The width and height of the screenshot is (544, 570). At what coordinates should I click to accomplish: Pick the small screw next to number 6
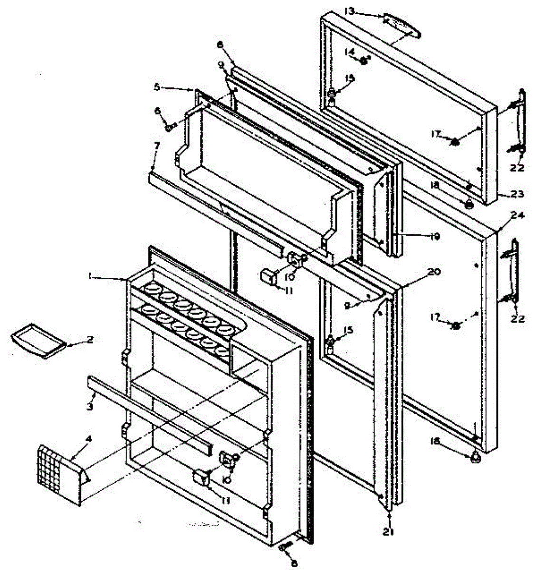[x=170, y=127]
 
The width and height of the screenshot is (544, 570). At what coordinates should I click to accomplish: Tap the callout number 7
[x=157, y=144]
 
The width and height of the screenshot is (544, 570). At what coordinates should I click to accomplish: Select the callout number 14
[x=350, y=50]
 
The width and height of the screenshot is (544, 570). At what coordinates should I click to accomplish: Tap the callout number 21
[x=390, y=532]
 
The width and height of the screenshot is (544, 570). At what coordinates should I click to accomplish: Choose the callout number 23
[x=517, y=194]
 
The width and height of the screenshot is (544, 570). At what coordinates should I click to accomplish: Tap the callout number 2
[x=90, y=340]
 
